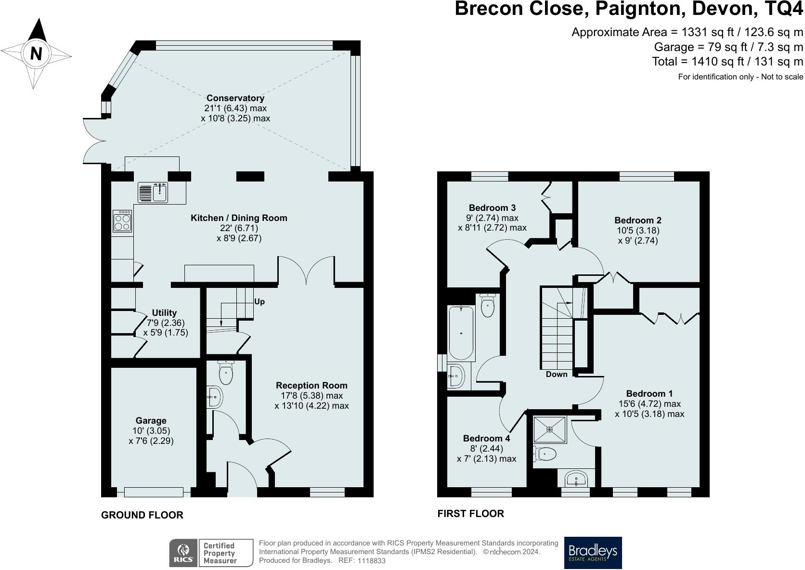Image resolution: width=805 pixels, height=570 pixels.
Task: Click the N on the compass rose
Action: click(36, 53)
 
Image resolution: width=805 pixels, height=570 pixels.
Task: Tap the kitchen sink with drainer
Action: click(153, 192)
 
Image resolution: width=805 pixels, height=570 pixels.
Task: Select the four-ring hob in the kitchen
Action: click(122, 221)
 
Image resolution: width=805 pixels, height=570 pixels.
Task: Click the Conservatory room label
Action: click(235, 98)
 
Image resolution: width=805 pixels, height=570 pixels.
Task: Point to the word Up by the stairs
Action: click(260, 301)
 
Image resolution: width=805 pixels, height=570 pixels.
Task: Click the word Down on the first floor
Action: click(557, 374)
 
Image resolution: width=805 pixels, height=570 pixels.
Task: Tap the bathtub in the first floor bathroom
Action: click(461, 333)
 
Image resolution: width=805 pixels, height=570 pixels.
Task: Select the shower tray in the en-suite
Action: click(550, 429)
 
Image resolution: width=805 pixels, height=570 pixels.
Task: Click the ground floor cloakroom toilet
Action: click(226, 372)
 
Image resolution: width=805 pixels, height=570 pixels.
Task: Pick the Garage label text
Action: click(151, 420)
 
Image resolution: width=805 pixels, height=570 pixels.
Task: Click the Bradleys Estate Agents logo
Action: click(593, 553)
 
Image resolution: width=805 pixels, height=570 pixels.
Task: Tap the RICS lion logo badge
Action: click(183, 553)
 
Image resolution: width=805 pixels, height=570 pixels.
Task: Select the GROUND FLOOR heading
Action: click(143, 515)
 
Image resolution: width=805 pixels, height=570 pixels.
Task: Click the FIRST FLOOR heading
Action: click(471, 514)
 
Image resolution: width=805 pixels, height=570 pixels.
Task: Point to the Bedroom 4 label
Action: click(487, 438)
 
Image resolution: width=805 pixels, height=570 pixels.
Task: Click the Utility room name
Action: click(164, 312)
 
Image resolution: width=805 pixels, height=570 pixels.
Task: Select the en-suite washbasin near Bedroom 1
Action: click(576, 479)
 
